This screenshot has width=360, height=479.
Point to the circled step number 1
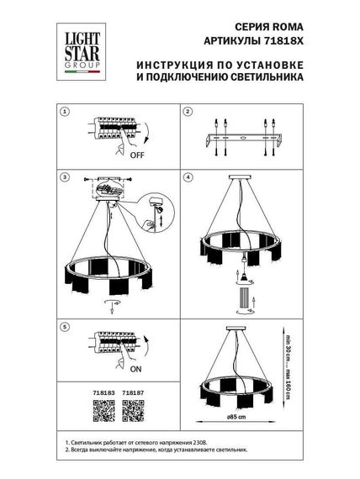[x=63, y=112]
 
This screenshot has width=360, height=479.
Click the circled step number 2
[x=188, y=112]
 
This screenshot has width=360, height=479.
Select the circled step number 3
[x=63, y=178]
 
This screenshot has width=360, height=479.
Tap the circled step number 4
[x=188, y=178]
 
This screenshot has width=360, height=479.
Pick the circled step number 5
[x=63, y=324]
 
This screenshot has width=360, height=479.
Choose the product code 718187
[x=133, y=391]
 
